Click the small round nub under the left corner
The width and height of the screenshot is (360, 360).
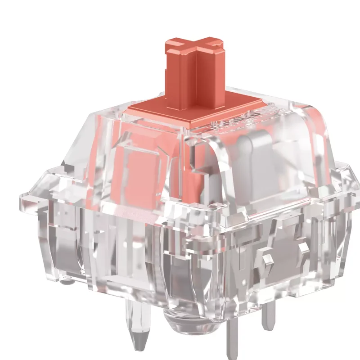tap(67, 283)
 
